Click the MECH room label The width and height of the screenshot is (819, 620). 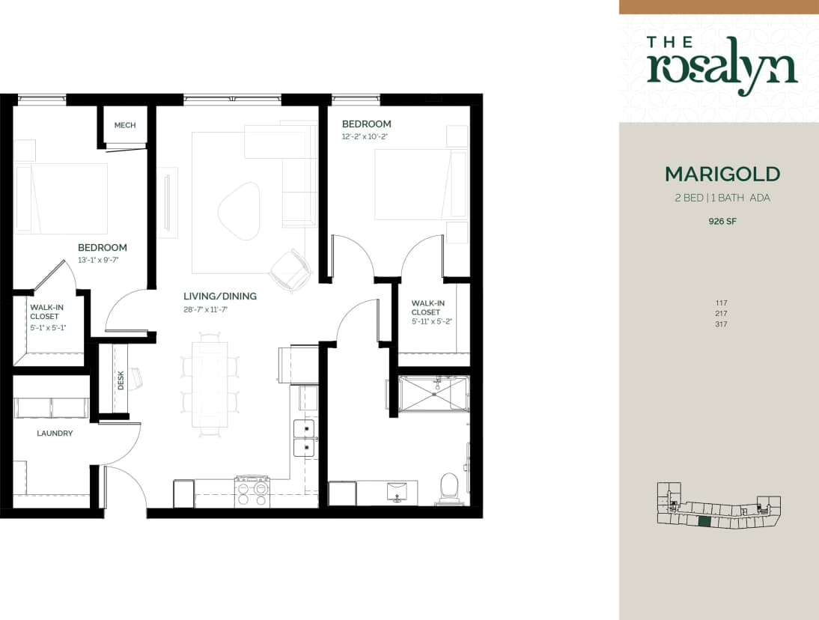[125, 125]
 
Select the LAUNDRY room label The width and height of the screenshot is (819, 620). [55, 433]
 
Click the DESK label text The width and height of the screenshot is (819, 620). [121, 382]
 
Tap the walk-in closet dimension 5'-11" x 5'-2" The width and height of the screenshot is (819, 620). [432, 321]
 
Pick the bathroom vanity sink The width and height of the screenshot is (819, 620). [396, 493]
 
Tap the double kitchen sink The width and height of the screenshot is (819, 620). [305, 438]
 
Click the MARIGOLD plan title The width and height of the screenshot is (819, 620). [722, 174]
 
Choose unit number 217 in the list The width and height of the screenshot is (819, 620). [722, 314]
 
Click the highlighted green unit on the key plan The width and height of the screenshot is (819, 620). [704, 523]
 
